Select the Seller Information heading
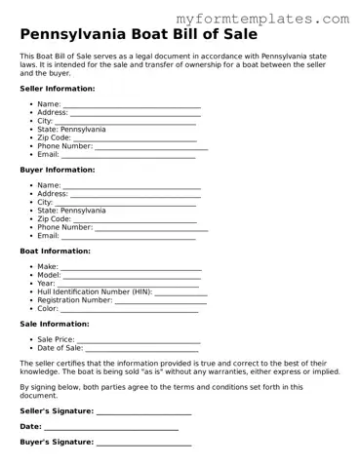[58, 88]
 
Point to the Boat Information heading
[55, 251]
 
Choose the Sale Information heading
[55, 324]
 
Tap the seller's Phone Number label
[64, 146]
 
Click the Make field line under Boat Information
[131, 267]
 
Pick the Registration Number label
[75, 300]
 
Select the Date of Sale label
[60, 348]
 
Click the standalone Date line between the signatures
[111, 427]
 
